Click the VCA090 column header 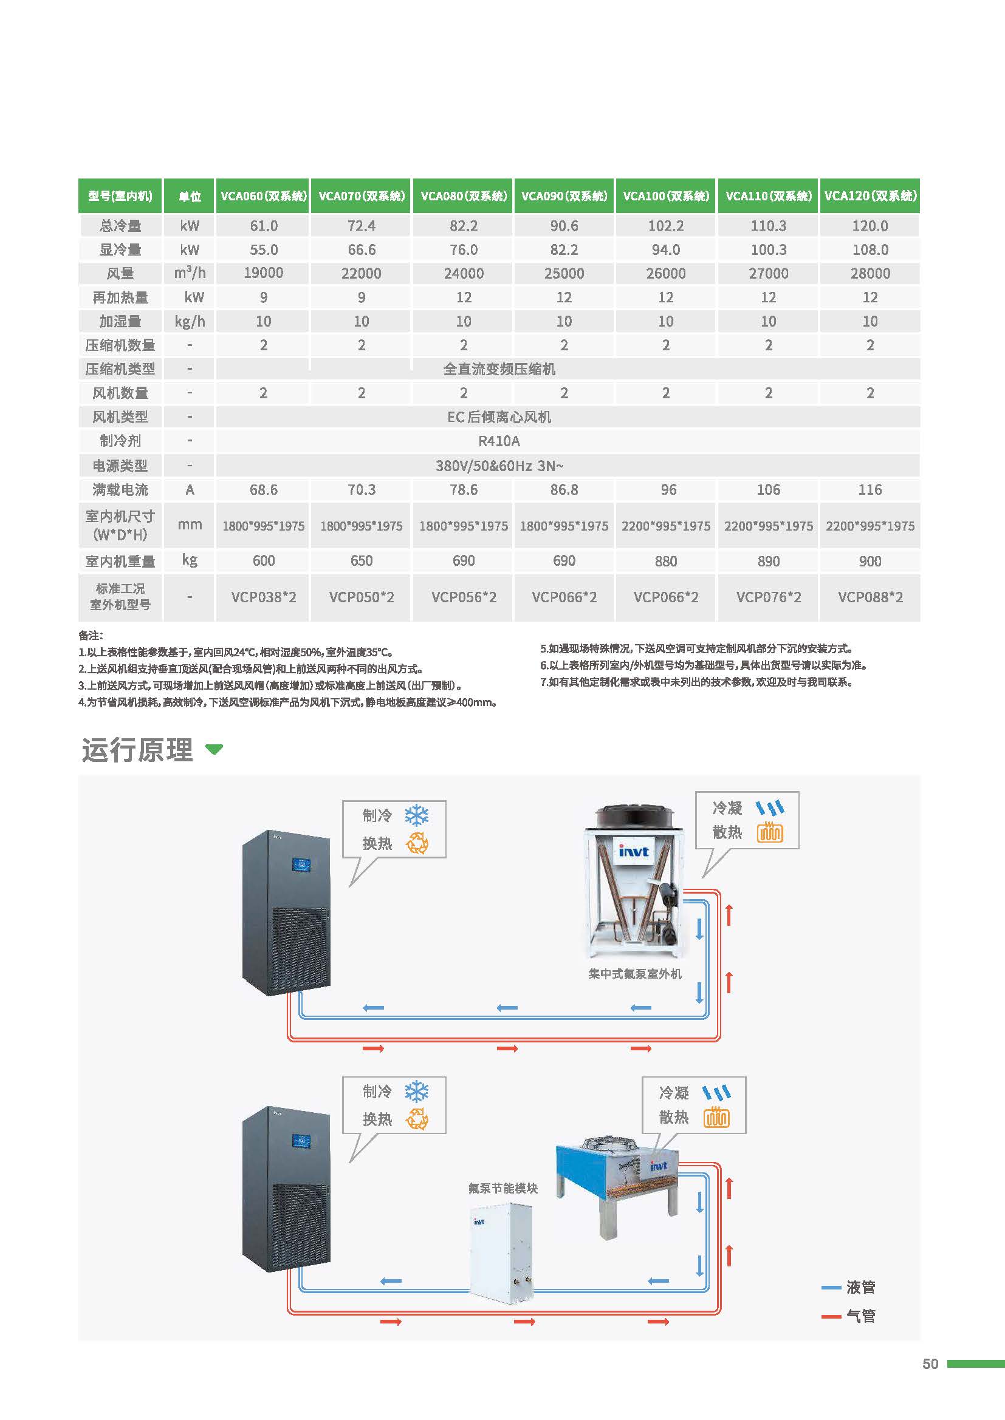click(x=564, y=196)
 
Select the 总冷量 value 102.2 click(x=666, y=226)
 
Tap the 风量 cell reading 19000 click(x=263, y=273)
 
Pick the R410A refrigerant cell click(x=499, y=441)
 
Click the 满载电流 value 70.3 click(x=362, y=490)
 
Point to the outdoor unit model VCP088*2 click(x=870, y=597)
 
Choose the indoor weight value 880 click(x=666, y=562)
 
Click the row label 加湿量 click(x=120, y=322)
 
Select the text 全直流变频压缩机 click(x=499, y=369)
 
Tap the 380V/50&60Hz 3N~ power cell click(x=499, y=466)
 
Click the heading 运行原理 click(x=137, y=750)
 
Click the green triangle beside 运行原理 click(x=214, y=750)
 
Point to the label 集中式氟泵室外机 click(x=635, y=974)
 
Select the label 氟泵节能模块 click(x=502, y=1188)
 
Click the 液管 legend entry click(x=860, y=1288)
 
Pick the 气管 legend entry click(x=860, y=1316)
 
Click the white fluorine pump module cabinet click(x=501, y=1252)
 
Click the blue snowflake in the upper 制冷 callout click(x=416, y=816)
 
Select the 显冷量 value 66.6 click(x=362, y=250)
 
